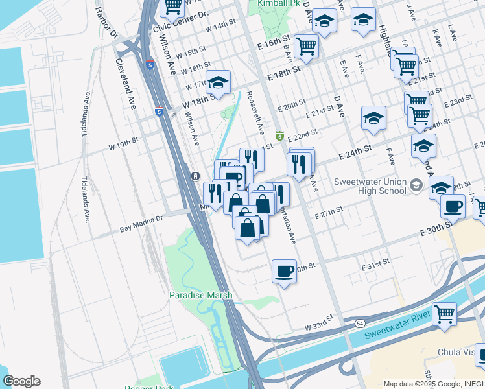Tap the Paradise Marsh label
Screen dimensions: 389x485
[x=200, y=295]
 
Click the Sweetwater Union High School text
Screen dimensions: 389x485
[x=370, y=186]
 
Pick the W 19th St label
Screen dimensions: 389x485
[x=124, y=143]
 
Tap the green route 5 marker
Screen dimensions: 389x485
[x=279, y=136]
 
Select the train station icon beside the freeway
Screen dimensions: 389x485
[x=195, y=176]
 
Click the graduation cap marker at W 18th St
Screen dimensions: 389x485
[x=219, y=82]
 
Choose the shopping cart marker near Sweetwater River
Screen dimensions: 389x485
[x=445, y=313]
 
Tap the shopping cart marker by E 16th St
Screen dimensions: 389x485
[x=305, y=45]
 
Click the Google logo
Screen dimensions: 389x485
[x=21, y=381]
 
